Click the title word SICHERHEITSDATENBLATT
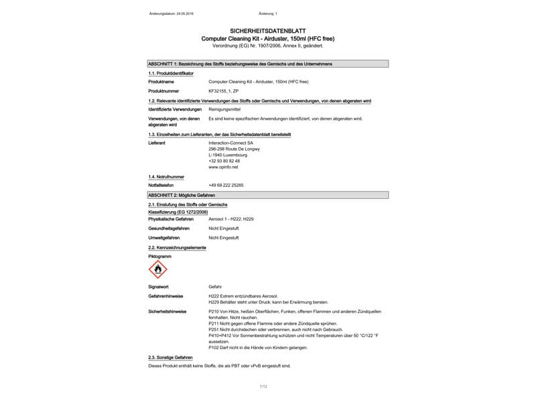268,31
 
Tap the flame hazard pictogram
158,269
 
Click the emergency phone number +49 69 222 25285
226,185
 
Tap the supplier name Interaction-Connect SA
231,143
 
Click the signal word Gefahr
215,286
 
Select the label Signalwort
160,286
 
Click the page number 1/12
263,387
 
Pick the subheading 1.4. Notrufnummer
166,176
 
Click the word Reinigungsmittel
224,109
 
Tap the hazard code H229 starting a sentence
214,302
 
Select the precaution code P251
215,330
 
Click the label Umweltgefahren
164,238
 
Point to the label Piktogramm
160,257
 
